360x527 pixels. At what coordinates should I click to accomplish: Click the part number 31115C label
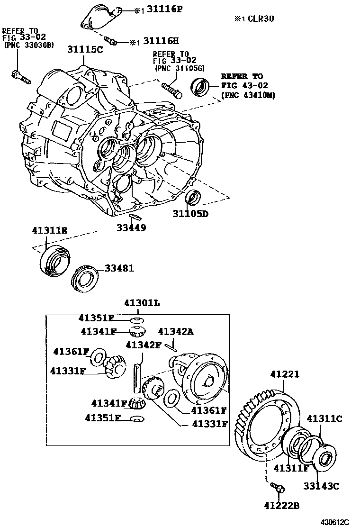coord(85,49)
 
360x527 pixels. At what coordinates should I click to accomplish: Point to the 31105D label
coord(190,214)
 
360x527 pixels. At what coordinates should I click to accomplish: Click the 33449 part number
coord(131,227)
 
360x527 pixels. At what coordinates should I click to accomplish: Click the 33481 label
coord(119,268)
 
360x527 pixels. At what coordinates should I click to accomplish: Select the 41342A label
coord(175,332)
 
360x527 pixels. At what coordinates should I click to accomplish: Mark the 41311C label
coord(324,418)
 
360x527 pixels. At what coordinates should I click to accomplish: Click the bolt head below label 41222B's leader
coord(279,488)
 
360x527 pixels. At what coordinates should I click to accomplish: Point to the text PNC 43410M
coord(249,95)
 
